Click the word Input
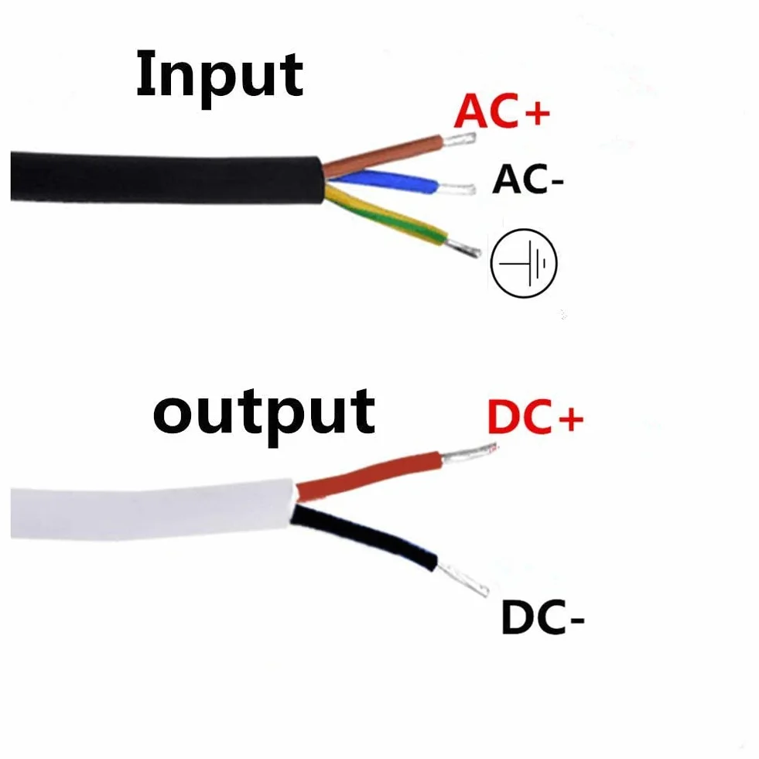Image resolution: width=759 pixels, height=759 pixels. (x=220, y=77)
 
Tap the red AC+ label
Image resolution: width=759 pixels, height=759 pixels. (x=502, y=111)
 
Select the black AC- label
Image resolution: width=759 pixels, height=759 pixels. (x=528, y=179)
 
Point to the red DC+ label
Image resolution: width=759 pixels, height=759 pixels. (x=535, y=416)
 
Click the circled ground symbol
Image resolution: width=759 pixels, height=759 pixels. (x=524, y=263)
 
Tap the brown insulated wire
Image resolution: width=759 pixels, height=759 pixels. (x=382, y=156)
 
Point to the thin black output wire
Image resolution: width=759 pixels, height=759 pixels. (x=364, y=536)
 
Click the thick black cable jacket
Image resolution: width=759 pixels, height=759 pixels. (x=167, y=178)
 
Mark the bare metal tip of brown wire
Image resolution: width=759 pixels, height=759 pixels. (x=459, y=139)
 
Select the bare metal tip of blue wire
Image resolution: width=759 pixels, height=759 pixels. (x=456, y=188)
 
